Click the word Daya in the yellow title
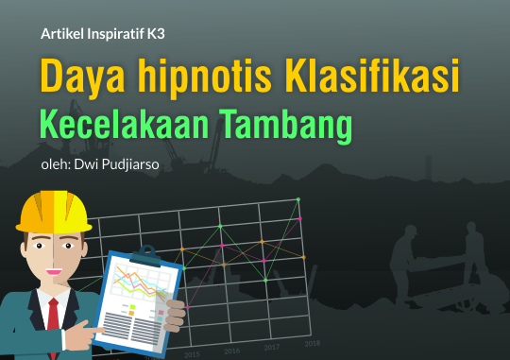click(82, 77)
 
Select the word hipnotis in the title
click(204, 78)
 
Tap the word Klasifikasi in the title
click(372, 76)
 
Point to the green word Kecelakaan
click(124, 124)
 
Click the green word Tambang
click(285, 127)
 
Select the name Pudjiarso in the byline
click(130, 164)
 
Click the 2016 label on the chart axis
click(232, 351)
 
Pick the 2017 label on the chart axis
click(272, 348)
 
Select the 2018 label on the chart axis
click(313, 343)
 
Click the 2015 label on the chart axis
click(192, 354)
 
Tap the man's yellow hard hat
click(54, 213)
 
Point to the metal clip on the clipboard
click(146, 255)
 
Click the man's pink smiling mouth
click(54, 272)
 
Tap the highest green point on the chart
click(298, 199)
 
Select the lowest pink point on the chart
click(187, 307)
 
